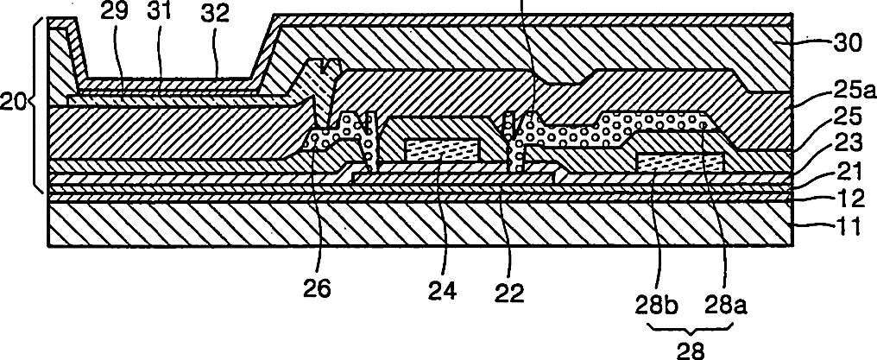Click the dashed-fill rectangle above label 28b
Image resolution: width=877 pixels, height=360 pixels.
pos(679,161)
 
